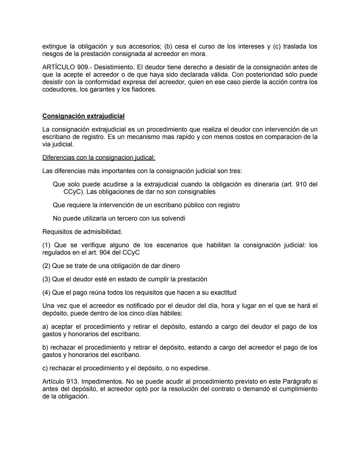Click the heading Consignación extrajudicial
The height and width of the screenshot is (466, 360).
click(83, 116)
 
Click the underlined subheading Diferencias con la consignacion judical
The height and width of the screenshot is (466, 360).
click(99, 157)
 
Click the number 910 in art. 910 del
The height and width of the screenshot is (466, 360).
click(301, 184)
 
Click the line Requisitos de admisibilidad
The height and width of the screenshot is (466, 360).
click(82, 231)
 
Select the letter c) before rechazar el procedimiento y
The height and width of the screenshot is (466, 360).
click(45, 368)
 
